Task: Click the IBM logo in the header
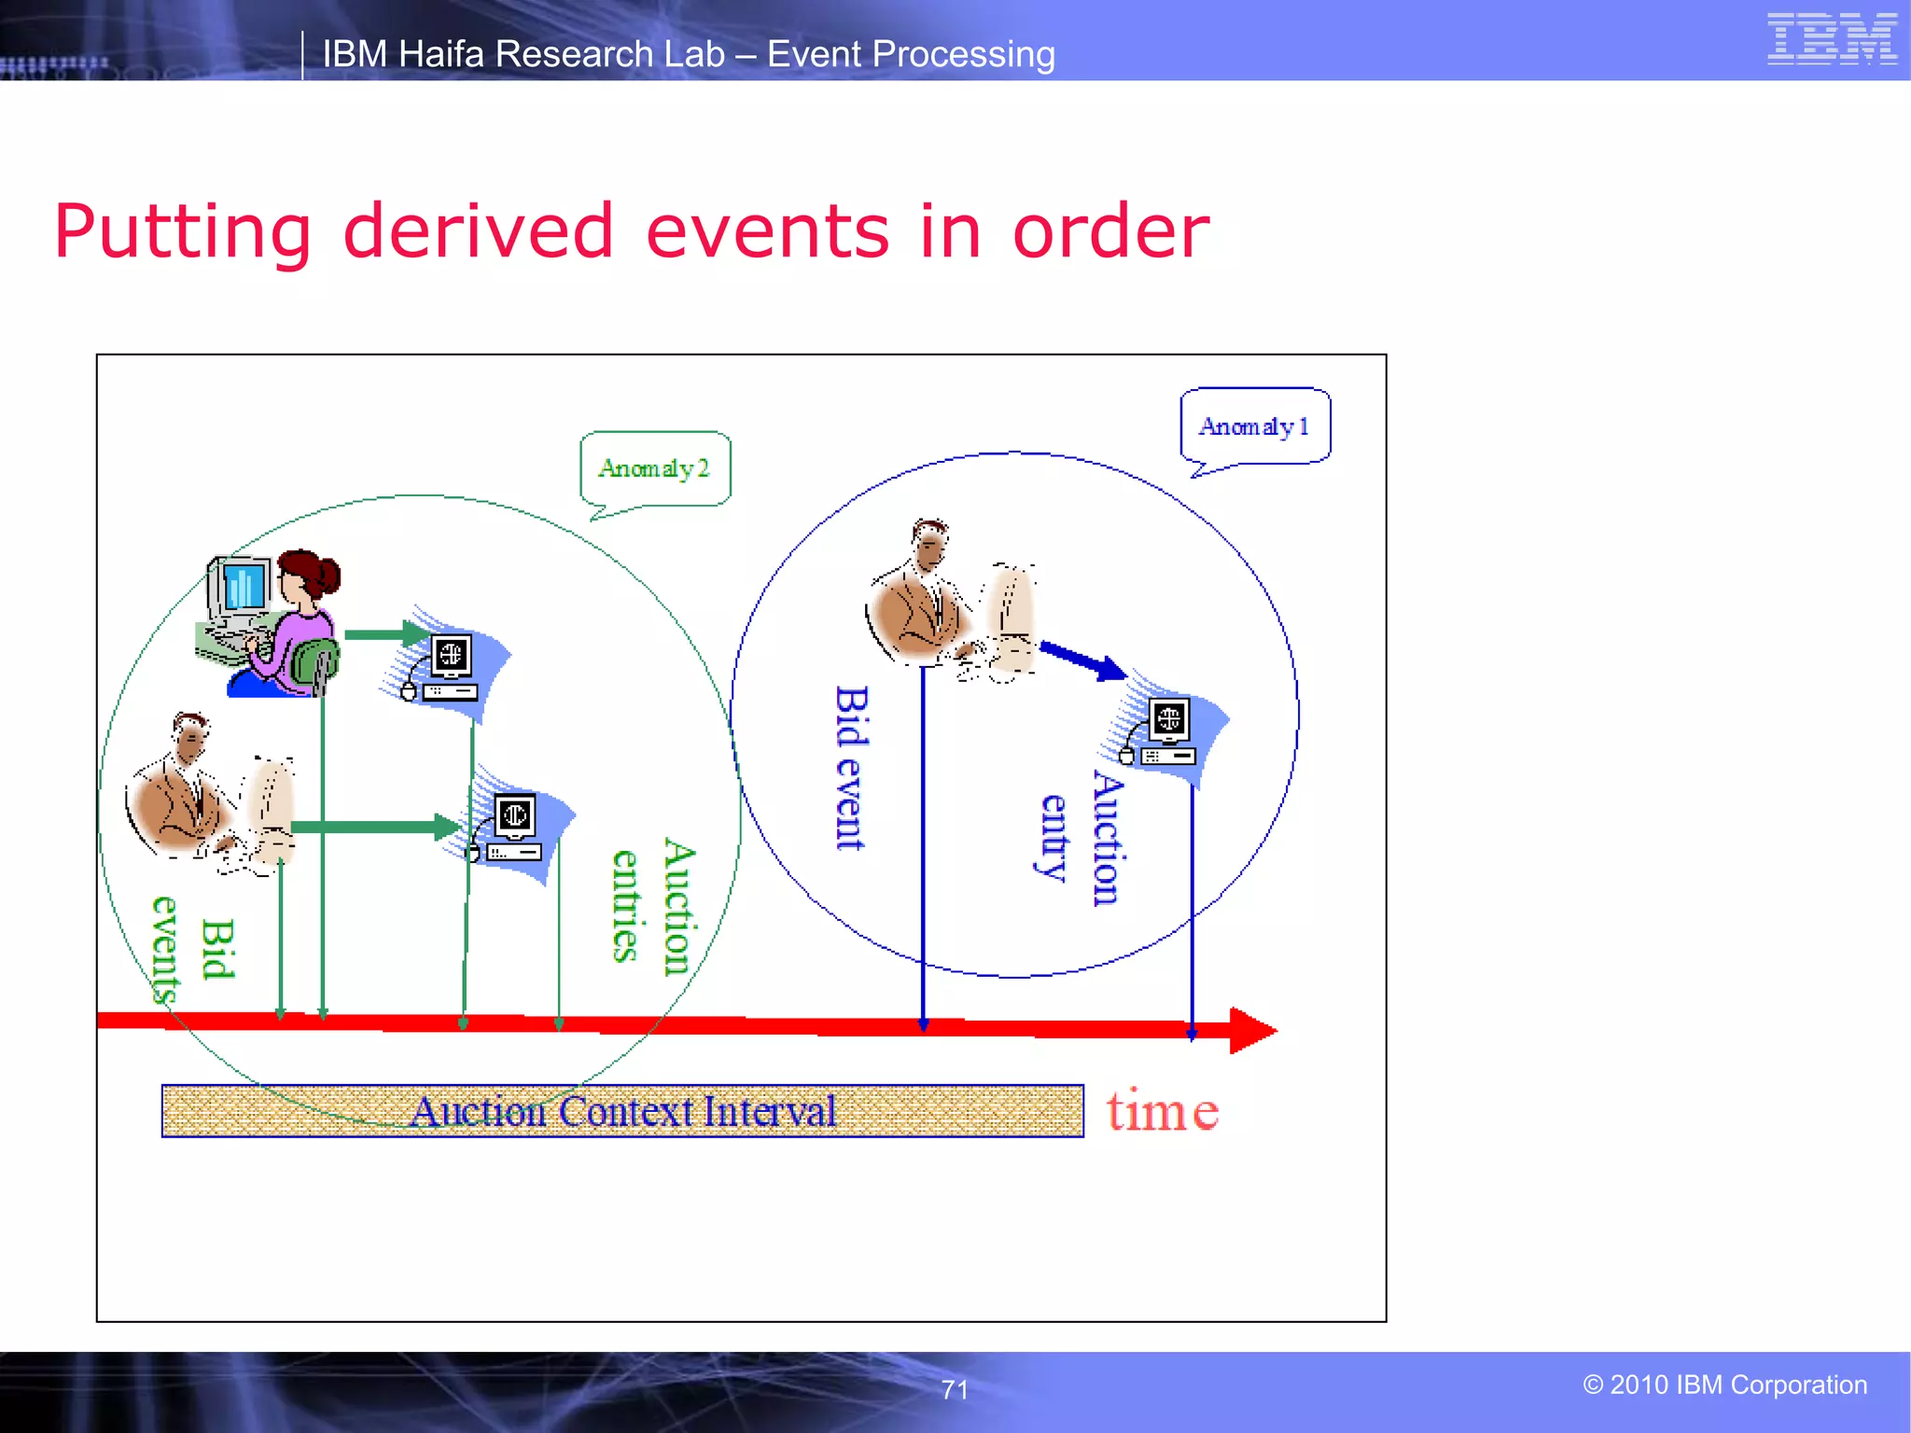pos(1831,39)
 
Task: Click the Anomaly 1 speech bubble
pos(1255,426)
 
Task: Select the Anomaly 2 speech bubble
pos(655,468)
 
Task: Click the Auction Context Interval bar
pos(622,1111)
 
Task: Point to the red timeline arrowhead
pos(1252,1031)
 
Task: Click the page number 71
pos(955,1390)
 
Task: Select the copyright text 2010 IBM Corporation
pos(1725,1384)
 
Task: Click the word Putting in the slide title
pos(183,232)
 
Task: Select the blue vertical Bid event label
pos(850,768)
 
